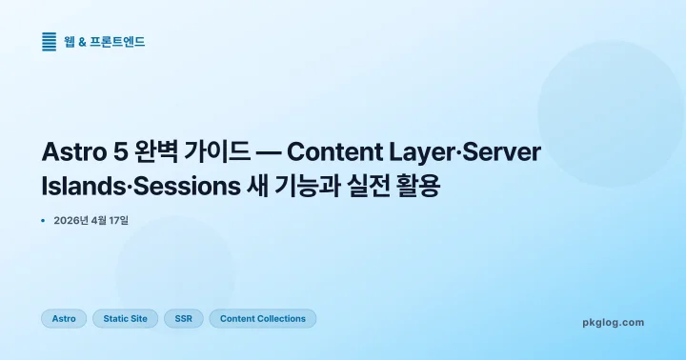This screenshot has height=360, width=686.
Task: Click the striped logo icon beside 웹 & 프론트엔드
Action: (50, 42)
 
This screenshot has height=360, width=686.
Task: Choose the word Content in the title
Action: (333, 152)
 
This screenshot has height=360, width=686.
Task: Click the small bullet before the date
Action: (44, 221)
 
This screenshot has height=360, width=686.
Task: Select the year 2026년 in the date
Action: (71, 221)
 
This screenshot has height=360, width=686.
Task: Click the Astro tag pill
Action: (64, 318)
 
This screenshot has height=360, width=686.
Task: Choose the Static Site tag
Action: (125, 318)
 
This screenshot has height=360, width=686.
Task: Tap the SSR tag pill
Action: (183, 318)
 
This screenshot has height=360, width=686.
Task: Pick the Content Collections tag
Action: (262, 318)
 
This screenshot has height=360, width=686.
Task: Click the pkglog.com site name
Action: (613, 322)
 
